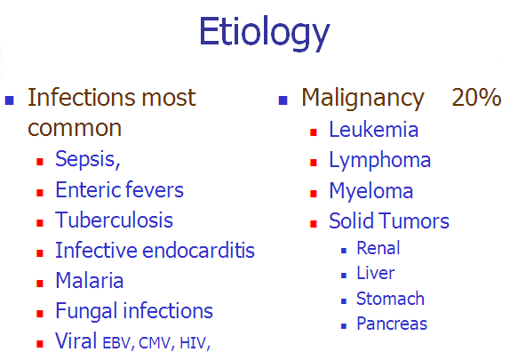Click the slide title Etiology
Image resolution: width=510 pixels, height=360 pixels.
point(265,33)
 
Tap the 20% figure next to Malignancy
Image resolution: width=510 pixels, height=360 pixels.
point(476,97)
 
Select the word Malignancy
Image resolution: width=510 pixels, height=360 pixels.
point(363,99)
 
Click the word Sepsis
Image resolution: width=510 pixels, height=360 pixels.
point(85,159)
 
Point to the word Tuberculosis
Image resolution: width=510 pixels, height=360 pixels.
point(114,220)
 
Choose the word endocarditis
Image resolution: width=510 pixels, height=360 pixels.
point(198,251)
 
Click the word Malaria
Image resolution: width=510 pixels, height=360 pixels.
point(90,280)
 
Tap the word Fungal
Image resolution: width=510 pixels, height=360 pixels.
point(86,311)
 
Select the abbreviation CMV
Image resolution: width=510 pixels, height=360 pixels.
point(155,343)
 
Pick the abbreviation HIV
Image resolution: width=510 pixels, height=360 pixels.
point(193,343)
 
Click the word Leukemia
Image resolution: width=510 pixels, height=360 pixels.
point(374,130)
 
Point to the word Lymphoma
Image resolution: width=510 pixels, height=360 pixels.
point(380,161)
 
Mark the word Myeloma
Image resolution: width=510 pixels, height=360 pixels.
point(371,191)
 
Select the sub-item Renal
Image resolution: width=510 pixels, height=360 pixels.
point(379,248)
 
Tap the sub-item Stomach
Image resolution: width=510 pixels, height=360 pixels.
point(390,299)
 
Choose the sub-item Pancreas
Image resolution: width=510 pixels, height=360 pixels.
point(392,324)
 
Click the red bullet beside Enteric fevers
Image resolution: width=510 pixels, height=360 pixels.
point(40,193)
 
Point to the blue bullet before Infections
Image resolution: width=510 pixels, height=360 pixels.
point(10,100)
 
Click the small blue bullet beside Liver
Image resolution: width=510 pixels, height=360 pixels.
point(344,276)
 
